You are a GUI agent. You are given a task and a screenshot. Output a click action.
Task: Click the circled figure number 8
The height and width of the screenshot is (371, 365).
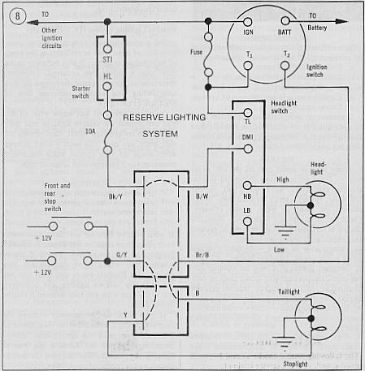(x=18, y=15)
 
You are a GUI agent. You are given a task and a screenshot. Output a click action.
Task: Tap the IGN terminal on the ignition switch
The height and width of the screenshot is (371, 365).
(x=247, y=22)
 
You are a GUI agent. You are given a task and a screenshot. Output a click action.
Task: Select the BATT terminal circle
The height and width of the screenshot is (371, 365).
(x=285, y=20)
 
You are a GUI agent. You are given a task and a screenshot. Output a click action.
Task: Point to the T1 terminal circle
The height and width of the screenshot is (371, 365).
(x=248, y=66)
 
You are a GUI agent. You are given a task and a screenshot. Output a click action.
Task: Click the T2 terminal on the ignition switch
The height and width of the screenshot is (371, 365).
(x=285, y=65)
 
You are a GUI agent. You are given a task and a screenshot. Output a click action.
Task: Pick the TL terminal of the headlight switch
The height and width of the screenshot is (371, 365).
(x=248, y=113)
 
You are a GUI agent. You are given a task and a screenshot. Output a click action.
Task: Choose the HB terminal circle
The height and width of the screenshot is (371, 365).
(x=247, y=185)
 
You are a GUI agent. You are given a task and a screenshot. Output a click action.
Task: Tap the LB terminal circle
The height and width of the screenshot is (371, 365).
(x=247, y=222)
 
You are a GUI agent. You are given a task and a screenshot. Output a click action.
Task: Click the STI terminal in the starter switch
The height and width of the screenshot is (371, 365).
(x=107, y=49)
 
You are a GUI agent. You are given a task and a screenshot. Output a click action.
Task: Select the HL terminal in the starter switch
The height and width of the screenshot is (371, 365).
(x=107, y=87)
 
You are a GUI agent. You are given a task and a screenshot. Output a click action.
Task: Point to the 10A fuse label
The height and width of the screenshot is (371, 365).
(x=90, y=132)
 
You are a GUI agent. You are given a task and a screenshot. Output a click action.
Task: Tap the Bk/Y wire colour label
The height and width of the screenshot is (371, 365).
(x=115, y=196)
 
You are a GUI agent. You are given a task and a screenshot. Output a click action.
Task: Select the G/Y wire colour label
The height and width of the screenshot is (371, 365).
(x=122, y=255)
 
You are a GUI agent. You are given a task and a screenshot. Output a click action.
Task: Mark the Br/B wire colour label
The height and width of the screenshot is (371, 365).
(x=202, y=255)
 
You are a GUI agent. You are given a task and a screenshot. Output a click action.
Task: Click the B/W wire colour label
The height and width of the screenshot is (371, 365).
(x=202, y=196)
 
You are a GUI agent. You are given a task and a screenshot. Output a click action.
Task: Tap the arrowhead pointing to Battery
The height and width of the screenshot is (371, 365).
(x=341, y=22)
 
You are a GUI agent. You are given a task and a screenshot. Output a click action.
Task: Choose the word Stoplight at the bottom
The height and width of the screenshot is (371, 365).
(x=295, y=364)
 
